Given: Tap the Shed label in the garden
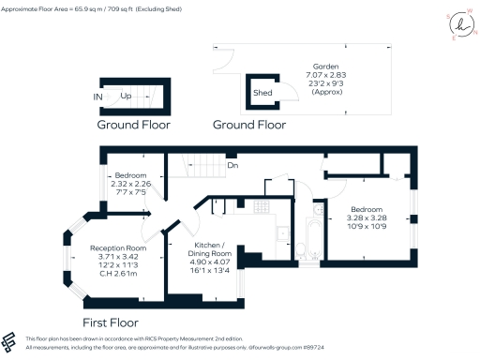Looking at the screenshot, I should click(x=262, y=93).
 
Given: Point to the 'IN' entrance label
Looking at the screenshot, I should click(x=98, y=96).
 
